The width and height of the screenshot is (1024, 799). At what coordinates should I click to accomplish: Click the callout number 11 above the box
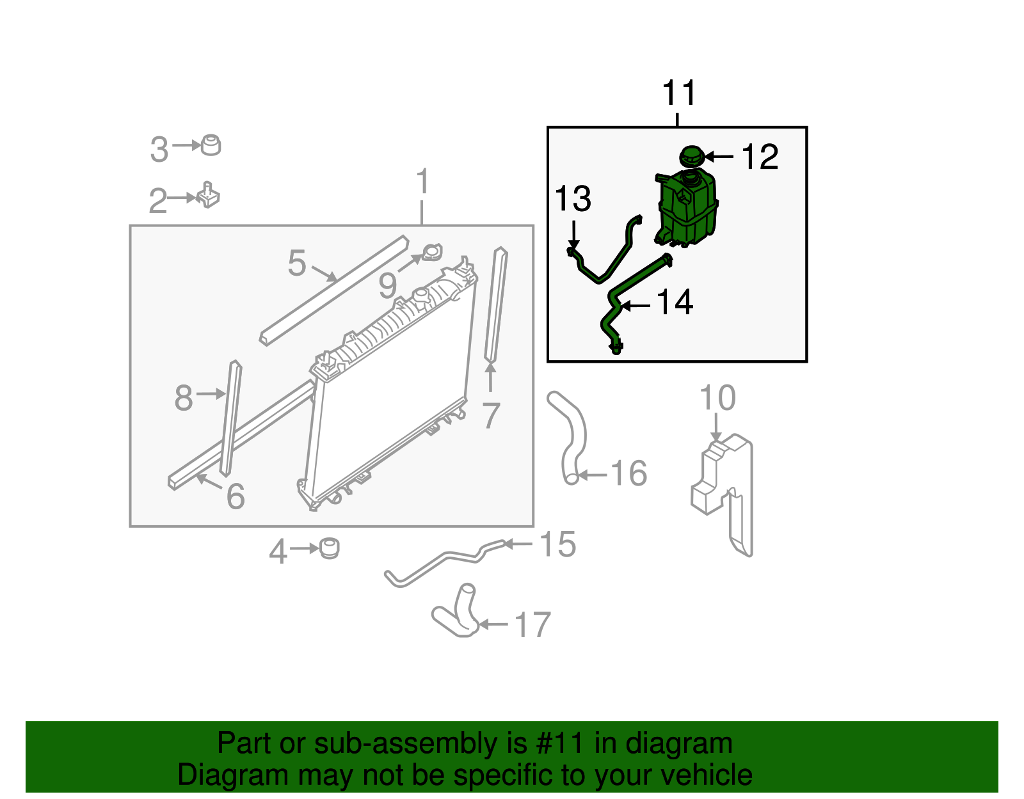[x=678, y=94]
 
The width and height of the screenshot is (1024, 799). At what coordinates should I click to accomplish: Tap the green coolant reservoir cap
[x=692, y=155]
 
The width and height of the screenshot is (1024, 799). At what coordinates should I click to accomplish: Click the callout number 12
[x=760, y=157]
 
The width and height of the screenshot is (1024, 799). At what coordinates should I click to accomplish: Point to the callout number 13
[x=573, y=199]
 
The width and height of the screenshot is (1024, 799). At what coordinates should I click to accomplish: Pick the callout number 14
[x=675, y=303]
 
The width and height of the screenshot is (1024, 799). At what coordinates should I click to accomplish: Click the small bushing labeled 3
[x=211, y=145]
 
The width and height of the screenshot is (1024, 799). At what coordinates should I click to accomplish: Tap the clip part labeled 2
[x=209, y=195]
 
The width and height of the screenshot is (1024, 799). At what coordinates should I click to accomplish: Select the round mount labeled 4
[x=330, y=548]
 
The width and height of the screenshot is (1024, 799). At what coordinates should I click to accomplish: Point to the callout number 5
[x=297, y=264]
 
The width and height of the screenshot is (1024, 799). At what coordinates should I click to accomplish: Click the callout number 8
[x=184, y=398]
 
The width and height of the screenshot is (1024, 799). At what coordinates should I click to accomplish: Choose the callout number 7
[x=491, y=416]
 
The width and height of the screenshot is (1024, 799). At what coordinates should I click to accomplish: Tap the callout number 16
[x=629, y=474]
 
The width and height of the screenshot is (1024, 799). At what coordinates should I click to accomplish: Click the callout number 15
[x=558, y=544]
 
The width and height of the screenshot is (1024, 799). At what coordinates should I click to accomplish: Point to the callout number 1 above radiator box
[x=422, y=182]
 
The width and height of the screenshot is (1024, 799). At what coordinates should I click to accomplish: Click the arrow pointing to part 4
[x=303, y=549]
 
